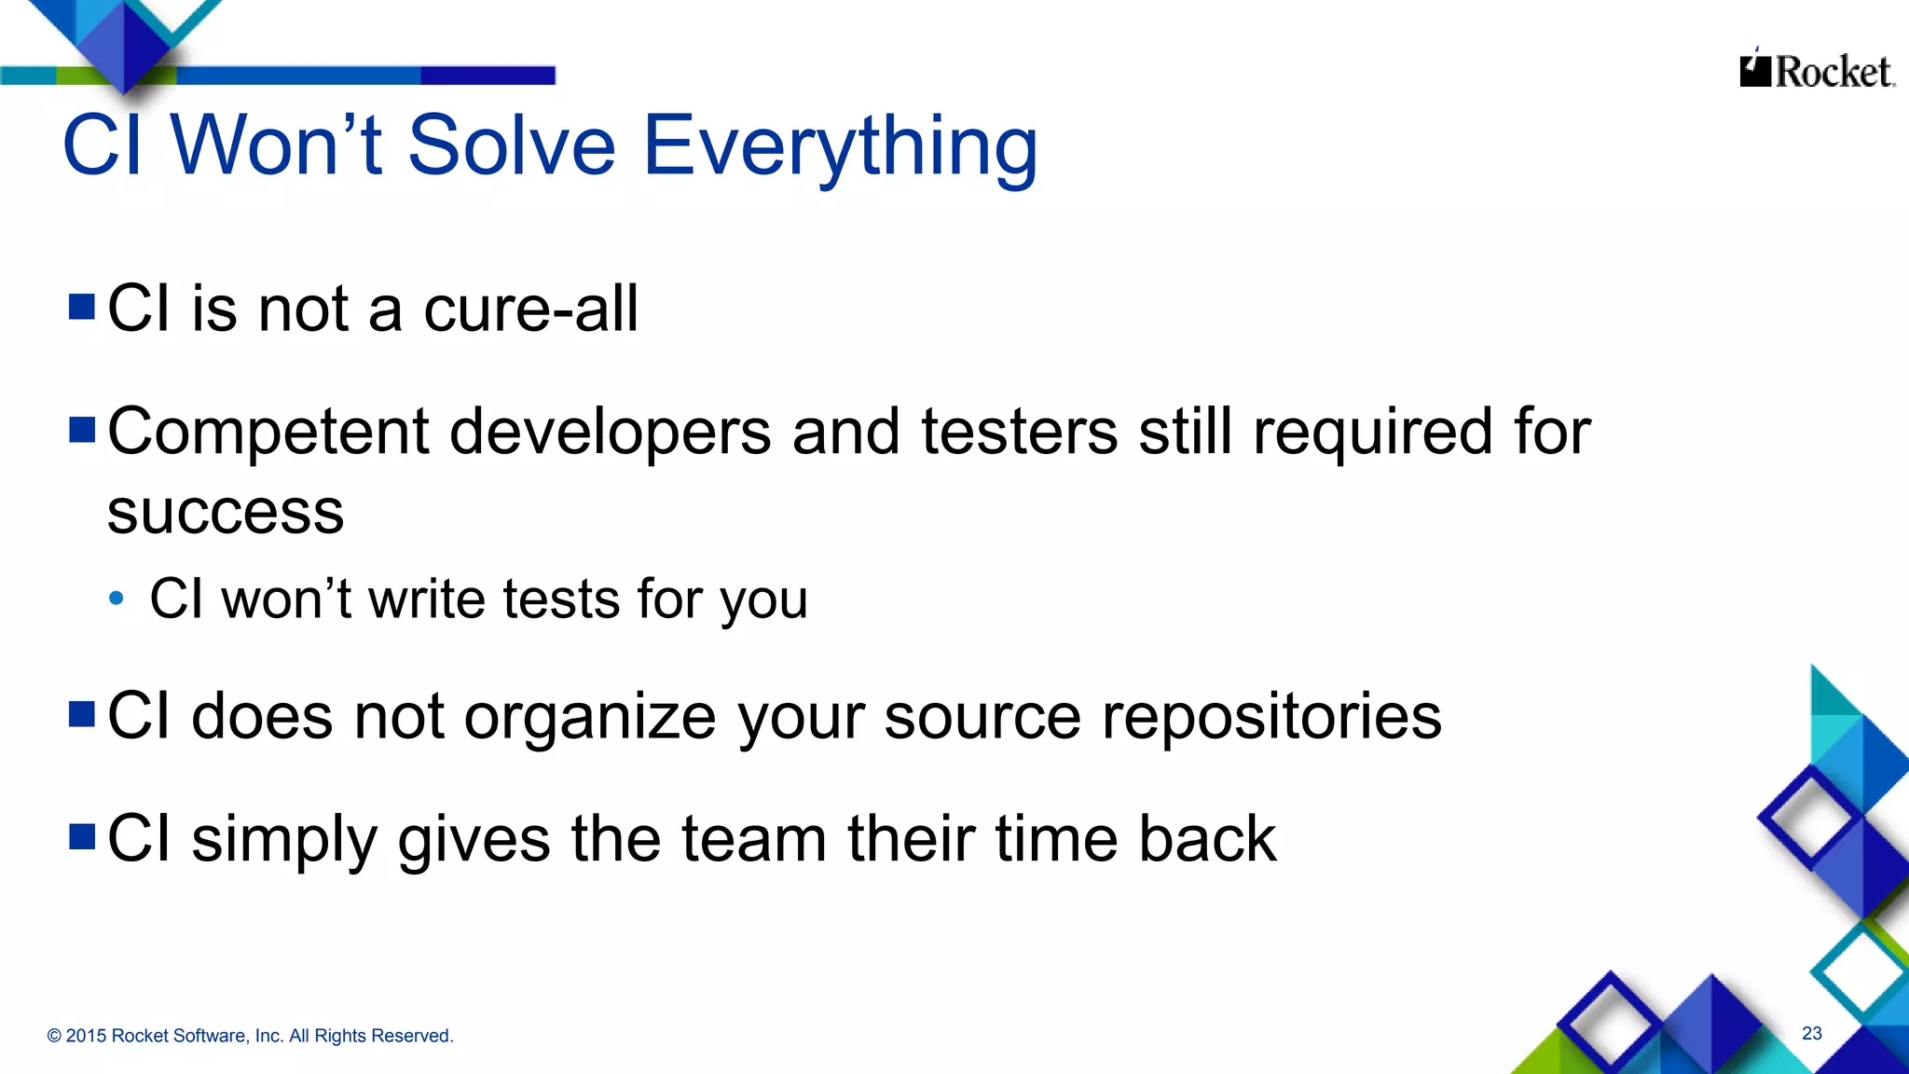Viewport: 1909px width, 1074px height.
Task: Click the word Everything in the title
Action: coord(839,146)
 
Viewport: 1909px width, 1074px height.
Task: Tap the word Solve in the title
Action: coord(512,146)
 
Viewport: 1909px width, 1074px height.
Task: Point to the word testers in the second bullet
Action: coord(1019,432)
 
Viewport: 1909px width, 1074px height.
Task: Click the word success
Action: coord(226,513)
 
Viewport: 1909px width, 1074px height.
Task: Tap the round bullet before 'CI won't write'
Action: coord(116,599)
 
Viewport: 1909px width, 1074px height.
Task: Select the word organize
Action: coord(590,718)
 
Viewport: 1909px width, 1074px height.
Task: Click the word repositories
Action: coord(1271,718)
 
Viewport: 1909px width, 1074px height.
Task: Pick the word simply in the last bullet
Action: coord(284,840)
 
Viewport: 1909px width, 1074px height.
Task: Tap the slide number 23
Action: coord(1811,1033)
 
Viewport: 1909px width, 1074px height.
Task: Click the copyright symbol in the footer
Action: coord(54,1036)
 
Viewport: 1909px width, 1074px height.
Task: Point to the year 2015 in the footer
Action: coord(86,1036)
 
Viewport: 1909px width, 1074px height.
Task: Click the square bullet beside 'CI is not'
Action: coord(82,307)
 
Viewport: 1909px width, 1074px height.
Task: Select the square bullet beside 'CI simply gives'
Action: coord(82,836)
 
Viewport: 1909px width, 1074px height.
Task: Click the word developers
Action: coord(611,432)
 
